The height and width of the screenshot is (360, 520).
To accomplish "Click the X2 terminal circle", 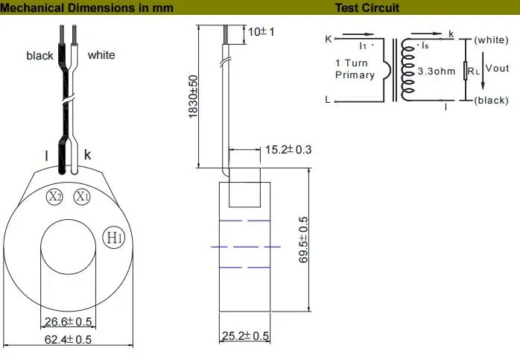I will click(55, 197).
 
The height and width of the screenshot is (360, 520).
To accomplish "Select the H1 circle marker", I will click(112, 238).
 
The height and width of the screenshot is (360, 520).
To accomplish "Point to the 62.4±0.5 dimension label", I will click(68, 340).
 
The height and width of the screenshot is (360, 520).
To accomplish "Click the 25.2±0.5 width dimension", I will click(245, 336).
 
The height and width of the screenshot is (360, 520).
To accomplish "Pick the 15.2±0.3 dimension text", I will click(288, 150).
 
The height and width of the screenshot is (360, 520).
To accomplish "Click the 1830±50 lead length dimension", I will click(192, 95).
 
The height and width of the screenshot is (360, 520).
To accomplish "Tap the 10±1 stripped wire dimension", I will click(261, 32).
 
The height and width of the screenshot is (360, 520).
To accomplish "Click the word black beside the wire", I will click(39, 56).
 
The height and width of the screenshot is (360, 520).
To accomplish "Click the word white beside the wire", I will click(101, 55).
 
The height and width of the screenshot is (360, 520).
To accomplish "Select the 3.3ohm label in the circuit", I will click(437, 71).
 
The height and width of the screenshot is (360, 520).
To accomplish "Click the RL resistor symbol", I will click(466, 70).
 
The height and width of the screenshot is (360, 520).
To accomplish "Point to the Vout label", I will click(496, 69).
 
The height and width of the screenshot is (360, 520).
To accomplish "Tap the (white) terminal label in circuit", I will click(491, 40).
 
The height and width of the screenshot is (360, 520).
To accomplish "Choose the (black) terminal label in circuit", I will click(491, 100).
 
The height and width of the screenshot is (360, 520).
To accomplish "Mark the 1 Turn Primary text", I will click(355, 69).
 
